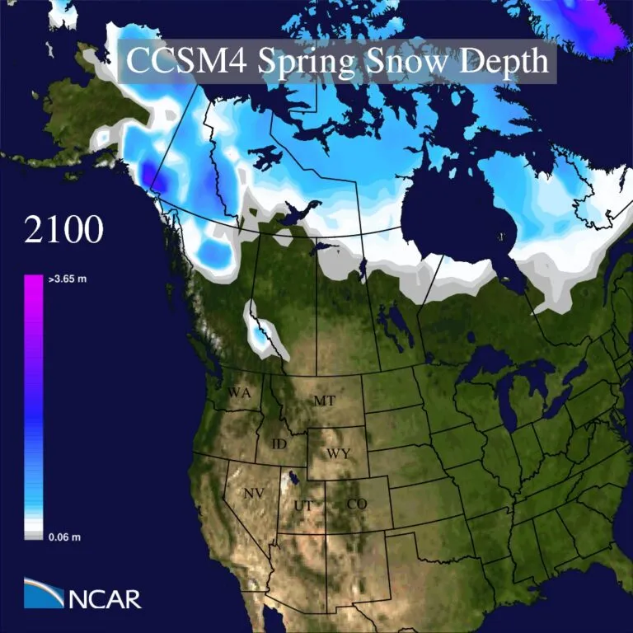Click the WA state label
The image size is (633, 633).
coord(239,392)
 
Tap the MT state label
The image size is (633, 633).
coord(324,401)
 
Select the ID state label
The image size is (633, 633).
coord(279,444)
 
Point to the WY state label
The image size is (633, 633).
coord(337,453)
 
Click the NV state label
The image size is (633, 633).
coord(254,493)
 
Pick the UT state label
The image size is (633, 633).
coord(302,504)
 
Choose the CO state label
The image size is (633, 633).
coord(356,504)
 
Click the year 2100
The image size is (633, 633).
coord(63,230)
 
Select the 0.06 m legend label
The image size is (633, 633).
coord(63,537)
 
